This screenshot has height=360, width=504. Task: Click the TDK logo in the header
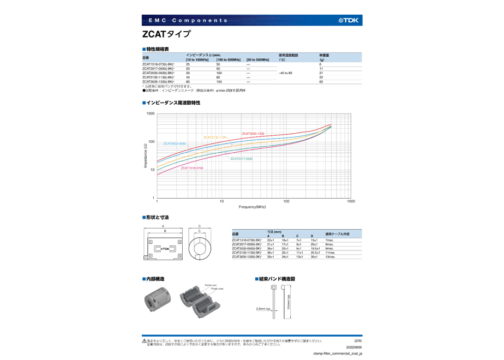(x=349, y=20)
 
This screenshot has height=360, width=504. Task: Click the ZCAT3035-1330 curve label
(x=253, y=134)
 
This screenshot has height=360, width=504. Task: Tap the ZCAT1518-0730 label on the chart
(x=192, y=168)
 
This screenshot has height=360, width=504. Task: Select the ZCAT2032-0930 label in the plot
(x=175, y=143)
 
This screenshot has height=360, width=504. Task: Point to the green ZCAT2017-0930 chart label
(x=241, y=159)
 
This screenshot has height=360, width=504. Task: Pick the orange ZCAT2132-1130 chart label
(x=215, y=137)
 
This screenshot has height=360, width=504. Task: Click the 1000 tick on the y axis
(x=150, y=113)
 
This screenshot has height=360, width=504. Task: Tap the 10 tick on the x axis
(x=221, y=201)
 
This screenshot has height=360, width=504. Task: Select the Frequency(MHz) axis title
(x=252, y=207)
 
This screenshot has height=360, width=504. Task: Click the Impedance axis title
(x=145, y=155)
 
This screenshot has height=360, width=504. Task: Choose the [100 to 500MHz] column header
(x=228, y=59)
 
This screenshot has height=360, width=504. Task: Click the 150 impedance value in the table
(x=219, y=81)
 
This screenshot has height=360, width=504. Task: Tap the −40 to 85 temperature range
(x=285, y=73)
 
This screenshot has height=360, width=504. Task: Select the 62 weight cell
(x=321, y=81)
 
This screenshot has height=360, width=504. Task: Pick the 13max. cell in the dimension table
(x=331, y=256)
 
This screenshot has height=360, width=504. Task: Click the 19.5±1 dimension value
(x=315, y=248)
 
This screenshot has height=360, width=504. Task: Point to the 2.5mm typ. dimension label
(x=264, y=308)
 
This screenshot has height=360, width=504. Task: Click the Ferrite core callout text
(x=211, y=285)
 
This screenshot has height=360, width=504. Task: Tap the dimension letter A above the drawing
(x=163, y=226)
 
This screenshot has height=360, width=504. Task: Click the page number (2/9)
(x=358, y=341)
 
